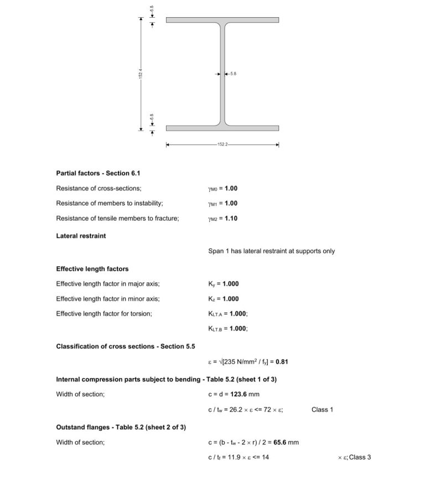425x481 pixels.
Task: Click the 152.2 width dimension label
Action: tap(222, 145)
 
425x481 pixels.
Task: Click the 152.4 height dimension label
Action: tap(141, 74)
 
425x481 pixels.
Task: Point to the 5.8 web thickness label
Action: tap(233, 74)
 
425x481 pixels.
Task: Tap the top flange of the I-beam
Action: tap(222, 20)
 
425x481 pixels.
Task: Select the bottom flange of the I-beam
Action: tap(222, 128)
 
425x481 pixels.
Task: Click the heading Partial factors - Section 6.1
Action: tap(94, 173)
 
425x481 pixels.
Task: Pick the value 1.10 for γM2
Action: tap(231, 218)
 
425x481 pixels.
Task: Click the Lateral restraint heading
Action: tap(81, 236)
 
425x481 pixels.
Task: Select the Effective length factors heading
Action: tap(92, 269)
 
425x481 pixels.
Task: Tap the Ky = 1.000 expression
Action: tap(224, 284)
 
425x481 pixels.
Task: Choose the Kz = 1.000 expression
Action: tap(224, 299)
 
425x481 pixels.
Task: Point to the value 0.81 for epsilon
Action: tap(282, 362)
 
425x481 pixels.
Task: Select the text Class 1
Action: tap(322, 410)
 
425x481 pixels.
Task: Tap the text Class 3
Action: tap(360, 457)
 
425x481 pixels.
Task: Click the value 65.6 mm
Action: tap(286, 442)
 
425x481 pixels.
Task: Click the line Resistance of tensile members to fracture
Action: tap(117, 218)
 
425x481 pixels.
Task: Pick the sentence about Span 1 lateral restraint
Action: tap(271, 251)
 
